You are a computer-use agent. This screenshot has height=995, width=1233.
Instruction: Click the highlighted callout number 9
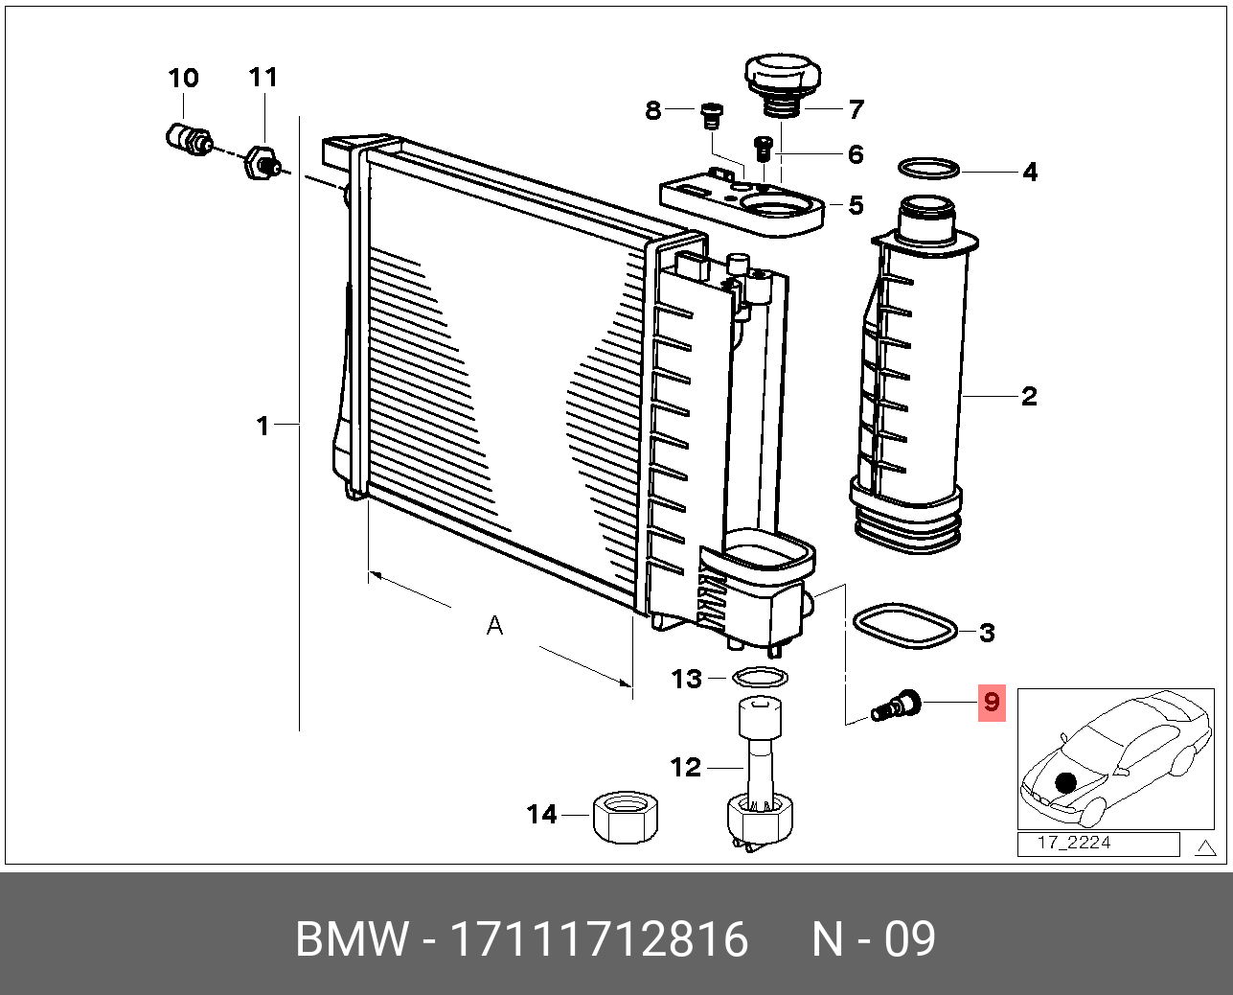(991, 703)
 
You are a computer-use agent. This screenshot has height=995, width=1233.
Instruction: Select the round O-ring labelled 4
(928, 168)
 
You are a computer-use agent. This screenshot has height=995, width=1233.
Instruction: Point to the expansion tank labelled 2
(917, 383)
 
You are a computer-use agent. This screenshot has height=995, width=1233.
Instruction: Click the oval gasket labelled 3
(904, 626)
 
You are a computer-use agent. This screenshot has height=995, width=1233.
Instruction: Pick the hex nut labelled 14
(626, 818)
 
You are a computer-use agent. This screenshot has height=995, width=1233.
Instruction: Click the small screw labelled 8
(711, 115)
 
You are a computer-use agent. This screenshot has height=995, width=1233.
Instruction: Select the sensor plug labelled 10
(186, 138)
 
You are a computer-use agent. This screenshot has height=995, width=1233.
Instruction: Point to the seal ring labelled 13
(760, 678)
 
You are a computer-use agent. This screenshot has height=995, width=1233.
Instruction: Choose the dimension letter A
(494, 626)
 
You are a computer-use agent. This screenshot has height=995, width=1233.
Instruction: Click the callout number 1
(263, 425)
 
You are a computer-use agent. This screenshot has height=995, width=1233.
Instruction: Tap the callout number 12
(686, 767)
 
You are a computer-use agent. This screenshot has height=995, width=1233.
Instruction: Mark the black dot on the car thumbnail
(1065, 783)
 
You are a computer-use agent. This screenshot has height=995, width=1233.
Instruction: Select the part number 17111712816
(599, 939)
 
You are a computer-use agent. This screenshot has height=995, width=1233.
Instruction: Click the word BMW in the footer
(351, 939)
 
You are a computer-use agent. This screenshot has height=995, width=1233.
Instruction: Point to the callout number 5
(856, 205)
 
